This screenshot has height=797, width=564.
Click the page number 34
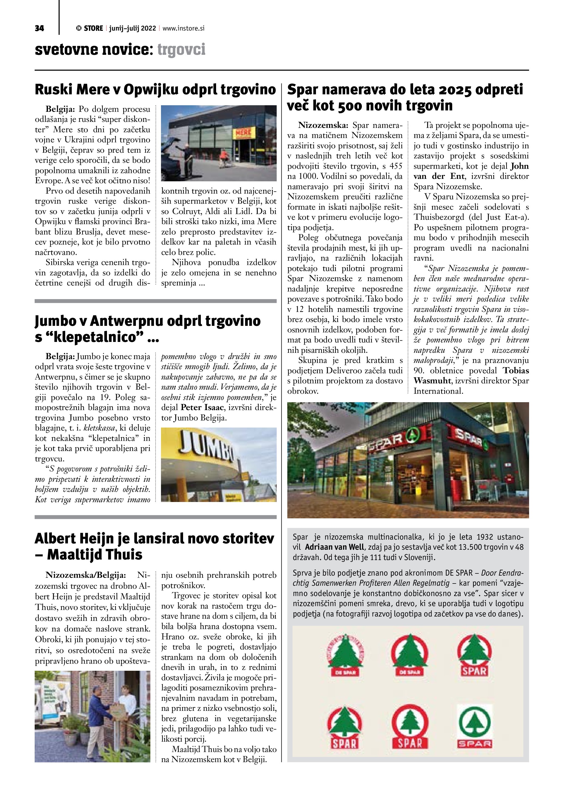click(x=39, y=28)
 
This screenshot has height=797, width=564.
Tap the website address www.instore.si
click(x=183, y=28)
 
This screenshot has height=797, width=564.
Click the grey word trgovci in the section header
click(x=181, y=50)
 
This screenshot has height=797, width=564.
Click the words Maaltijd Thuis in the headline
click(x=94, y=554)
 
